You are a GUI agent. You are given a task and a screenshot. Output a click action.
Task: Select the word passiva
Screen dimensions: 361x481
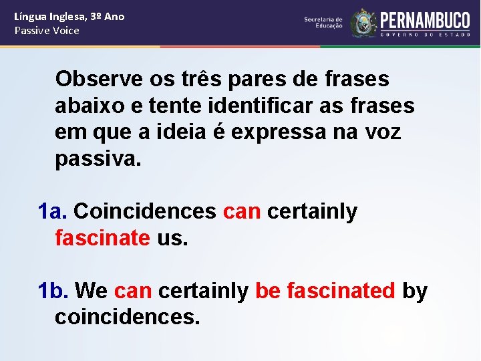point(98,159)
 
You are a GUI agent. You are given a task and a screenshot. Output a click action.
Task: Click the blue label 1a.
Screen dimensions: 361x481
point(53,211)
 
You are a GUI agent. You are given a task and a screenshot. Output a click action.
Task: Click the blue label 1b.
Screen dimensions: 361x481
point(53,291)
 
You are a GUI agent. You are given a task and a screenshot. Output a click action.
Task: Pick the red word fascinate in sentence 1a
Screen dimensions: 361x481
point(102,237)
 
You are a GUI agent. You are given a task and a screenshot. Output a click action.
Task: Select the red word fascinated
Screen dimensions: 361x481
point(341,291)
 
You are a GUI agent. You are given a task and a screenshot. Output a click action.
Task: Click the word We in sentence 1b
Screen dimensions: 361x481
point(92,291)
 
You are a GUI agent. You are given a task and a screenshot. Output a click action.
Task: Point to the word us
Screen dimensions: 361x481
point(172,237)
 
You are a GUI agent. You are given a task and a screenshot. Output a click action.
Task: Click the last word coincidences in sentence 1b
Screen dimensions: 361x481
point(127,317)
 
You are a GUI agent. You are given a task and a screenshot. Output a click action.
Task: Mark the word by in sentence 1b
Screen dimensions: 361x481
point(414,291)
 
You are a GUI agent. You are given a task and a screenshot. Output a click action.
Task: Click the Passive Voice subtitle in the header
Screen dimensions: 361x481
point(47,31)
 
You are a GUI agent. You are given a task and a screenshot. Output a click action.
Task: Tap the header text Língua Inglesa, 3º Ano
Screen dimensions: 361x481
point(69,16)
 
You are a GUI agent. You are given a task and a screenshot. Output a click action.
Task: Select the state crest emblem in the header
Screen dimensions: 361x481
point(363,23)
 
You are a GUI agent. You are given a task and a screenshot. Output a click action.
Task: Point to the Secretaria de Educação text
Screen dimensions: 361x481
point(323,23)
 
